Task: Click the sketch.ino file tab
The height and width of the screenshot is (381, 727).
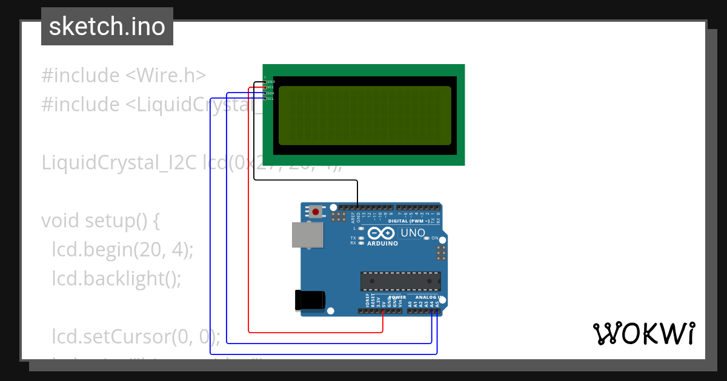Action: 107,27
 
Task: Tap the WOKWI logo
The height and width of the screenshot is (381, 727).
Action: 643,333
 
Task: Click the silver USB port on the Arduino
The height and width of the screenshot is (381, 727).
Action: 308,235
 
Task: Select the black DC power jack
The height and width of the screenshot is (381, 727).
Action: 310,301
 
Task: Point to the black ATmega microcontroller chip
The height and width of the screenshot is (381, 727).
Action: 400,281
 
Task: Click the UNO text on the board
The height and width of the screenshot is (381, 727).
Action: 413,233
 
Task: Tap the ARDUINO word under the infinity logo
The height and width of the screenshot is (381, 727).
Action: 382,244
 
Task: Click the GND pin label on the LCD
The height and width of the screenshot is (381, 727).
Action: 270,82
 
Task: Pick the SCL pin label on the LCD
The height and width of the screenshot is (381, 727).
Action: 270,99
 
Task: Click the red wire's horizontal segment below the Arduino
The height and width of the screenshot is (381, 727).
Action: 315,332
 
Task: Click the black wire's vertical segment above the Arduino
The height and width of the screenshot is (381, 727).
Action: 357,194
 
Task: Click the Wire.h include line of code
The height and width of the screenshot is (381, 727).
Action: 124,76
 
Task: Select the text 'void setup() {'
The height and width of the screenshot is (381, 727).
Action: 100,221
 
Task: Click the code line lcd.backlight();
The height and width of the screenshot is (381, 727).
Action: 116,278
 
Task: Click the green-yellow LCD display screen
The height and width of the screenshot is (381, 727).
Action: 365,116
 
